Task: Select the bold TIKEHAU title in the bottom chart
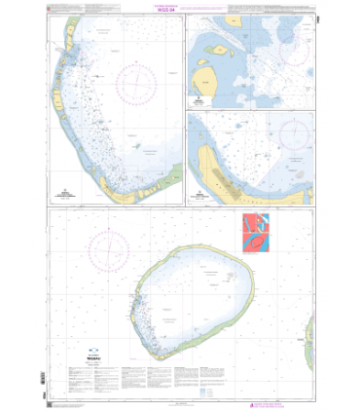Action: point(93,355)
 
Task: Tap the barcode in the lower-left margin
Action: point(41,378)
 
